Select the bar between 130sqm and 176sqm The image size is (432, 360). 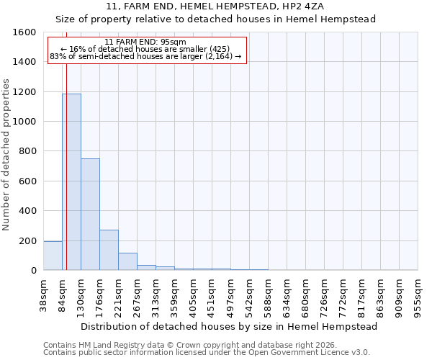tap(90, 215)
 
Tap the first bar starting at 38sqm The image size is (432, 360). tap(53, 256)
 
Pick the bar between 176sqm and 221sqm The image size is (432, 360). tap(109, 250)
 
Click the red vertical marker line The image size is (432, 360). tap(66, 144)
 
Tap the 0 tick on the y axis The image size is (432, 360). tap(33, 271)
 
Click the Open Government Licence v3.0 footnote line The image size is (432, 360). tap(207, 353)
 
